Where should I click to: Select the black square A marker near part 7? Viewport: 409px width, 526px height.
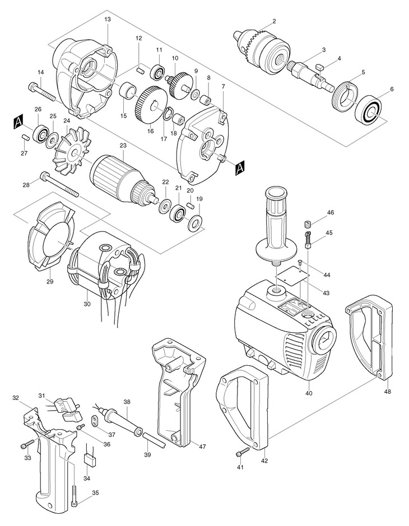(240, 168)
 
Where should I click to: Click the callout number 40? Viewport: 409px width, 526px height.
(309, 393)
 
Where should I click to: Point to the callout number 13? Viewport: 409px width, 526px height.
(108, 20)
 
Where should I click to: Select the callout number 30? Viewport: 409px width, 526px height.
(87, 304)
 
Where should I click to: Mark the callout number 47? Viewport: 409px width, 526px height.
(202, 446)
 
